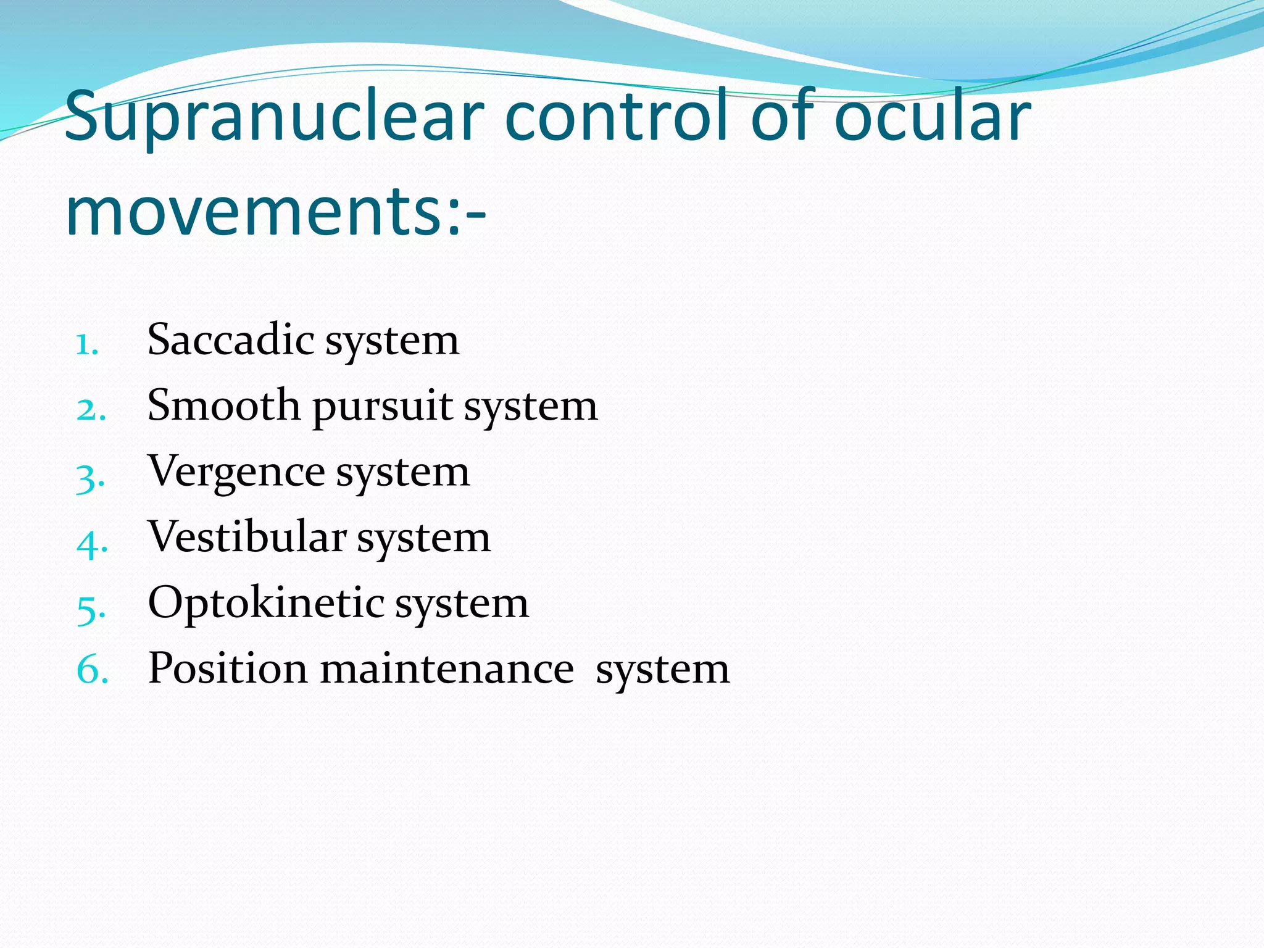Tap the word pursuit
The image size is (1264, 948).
click(x=383, y=407)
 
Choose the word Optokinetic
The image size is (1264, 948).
click(x=266, y=604)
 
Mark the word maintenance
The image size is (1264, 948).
click(x=447, y=669)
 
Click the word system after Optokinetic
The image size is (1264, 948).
click(x=462, y=605)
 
